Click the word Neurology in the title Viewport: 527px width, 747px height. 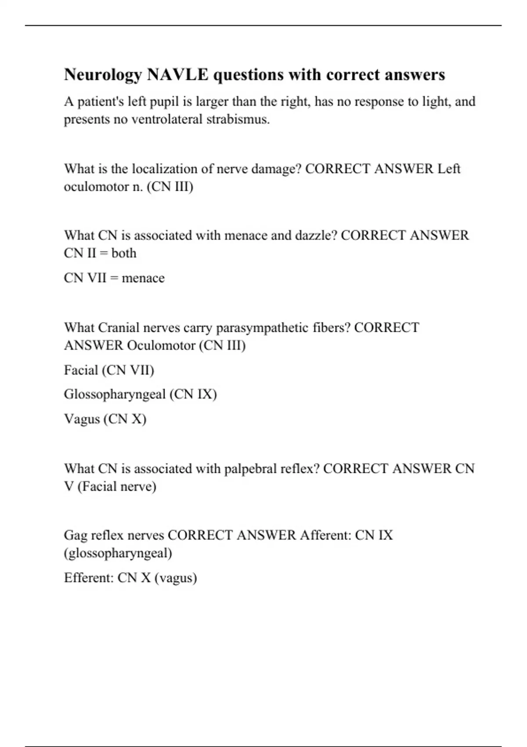click(103, 75)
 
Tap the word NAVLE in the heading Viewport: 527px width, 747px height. click(178, 75)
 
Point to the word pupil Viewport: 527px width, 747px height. click(164, 102)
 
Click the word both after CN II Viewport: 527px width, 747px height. click(124, 254)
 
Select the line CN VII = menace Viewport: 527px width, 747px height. click(114, 278)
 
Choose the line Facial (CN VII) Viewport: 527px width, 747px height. click(109, 370)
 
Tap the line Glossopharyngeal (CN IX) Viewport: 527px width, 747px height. click(140, 394)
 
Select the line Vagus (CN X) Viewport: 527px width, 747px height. click(105, 419)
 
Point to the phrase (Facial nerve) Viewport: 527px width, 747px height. click(117, 487)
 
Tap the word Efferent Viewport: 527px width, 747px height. click(89, 578)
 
